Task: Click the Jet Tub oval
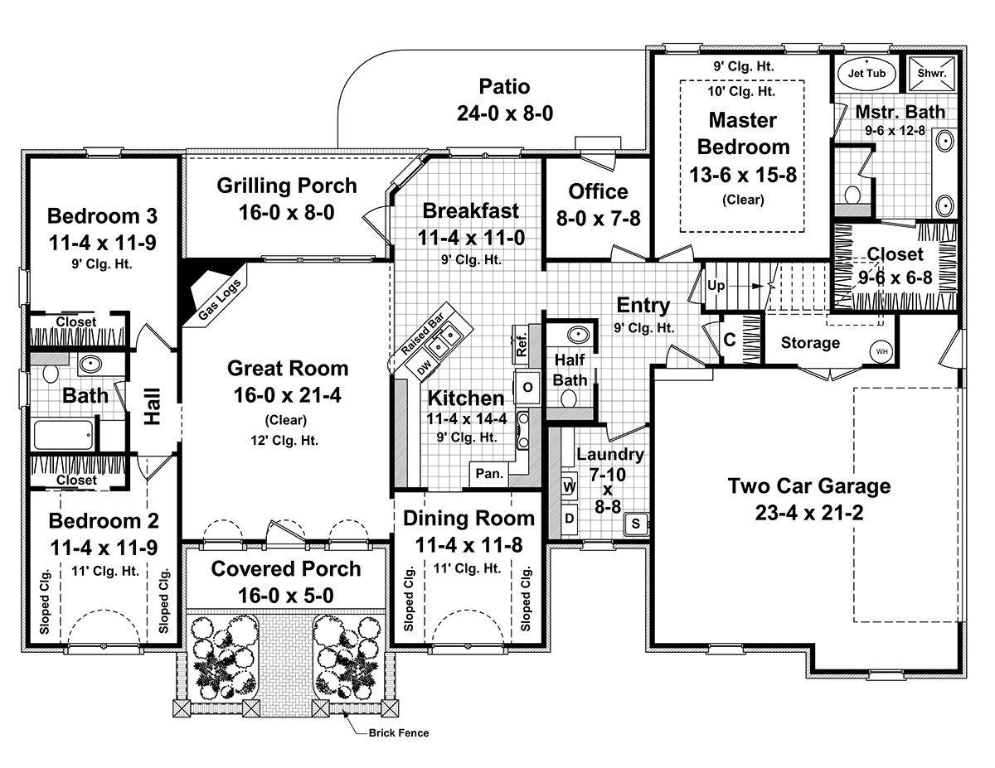[x=866, y=73]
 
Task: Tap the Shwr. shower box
[x=931, y=73]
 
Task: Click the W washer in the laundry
[x=569, y=488]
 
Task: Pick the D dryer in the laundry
[x=569, y=519]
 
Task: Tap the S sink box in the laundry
[x=635, y=524]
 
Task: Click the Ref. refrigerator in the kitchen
[x=521, y=344]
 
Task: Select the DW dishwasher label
[x=424, y=367]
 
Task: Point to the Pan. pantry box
[x=489, y=473]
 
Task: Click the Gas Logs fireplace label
[x=221, y=300]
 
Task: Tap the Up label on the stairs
[x=716, y=286]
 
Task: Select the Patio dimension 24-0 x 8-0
[x=505, y=113]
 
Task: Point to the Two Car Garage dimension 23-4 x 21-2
[x=809, y=513]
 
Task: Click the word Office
[x=598, y=191]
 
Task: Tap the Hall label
[x=153, y=406]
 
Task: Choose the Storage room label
[x=810, y=343]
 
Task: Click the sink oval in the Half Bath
[x=578, y=335]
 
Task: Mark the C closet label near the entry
[x=730, y=340]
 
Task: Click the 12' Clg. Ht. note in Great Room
[x=284, y=441]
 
